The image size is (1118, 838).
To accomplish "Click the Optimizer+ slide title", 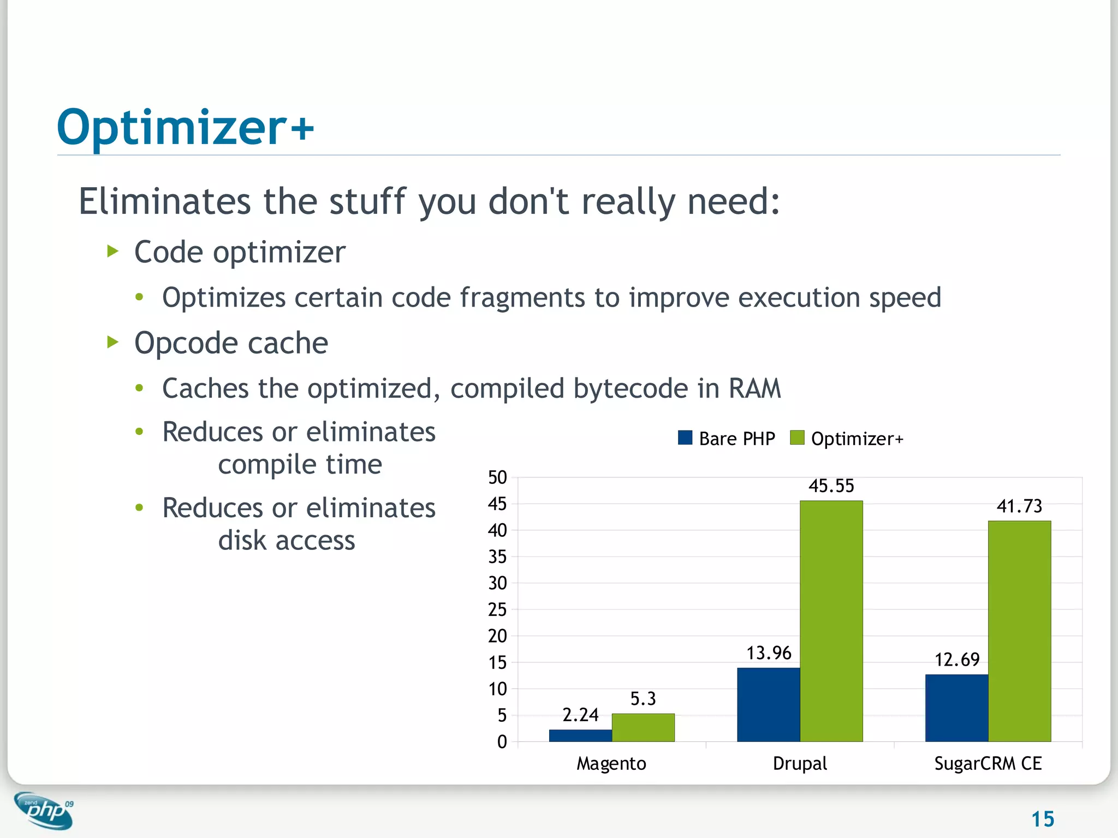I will click(x=186, y=128).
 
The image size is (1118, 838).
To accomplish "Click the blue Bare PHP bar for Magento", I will click(x=580, y=735).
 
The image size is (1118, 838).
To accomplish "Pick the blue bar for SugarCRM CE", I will click(x=956, y=708).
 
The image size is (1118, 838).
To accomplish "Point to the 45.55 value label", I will click(x=831, y=486).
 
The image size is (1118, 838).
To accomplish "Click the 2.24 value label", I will click(x=580, y=715).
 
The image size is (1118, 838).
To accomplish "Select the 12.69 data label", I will click(x=956, y=660).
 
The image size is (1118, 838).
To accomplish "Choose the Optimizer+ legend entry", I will click(x=847, y=439).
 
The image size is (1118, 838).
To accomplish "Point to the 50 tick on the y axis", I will click(x=497, y=477).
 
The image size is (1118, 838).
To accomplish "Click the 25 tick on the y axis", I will click(x=497, y=609).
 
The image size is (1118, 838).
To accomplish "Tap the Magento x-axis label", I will click(x=611, y=763).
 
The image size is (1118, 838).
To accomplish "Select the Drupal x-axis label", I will click(x=800, y=763).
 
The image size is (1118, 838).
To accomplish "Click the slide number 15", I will click(x=1042, y=819).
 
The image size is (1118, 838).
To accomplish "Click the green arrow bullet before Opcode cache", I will click(x=113, y=342).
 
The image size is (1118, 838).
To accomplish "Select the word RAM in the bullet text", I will click(x=754, y=388).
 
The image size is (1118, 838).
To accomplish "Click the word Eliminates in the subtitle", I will click(x=164, y=201).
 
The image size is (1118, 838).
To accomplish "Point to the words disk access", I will click(x=287, y=540).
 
